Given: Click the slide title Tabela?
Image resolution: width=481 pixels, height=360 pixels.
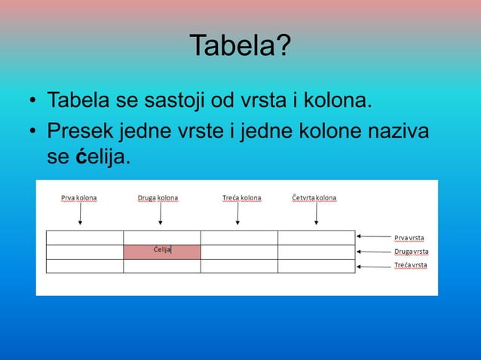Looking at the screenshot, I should pos(240,46).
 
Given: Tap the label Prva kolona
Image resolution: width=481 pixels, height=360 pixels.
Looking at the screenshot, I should pos(79,198).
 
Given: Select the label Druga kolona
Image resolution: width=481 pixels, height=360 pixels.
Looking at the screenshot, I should pos(158,198).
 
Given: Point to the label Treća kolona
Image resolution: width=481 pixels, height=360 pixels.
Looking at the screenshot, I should pos(241,198).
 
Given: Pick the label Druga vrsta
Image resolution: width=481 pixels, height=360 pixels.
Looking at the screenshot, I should pos(411,252).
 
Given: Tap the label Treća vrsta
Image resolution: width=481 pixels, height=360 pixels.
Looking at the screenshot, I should pos(410,265).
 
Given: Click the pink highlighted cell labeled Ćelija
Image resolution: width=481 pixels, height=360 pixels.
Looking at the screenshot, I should pos(162,252).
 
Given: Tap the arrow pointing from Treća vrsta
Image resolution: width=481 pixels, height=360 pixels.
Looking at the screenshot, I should pos(374,265).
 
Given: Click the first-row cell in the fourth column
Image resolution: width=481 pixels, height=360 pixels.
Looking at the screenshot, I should pos(316,237).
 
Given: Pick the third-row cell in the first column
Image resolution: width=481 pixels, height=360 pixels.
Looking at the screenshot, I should pos(84,265).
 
